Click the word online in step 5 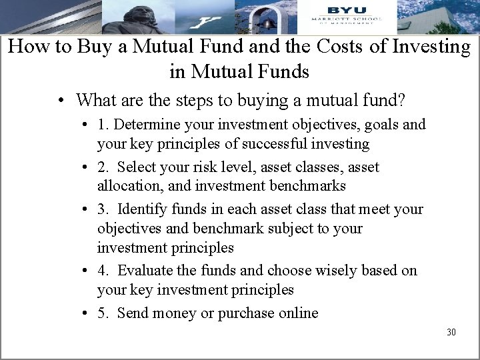[x=297, y=313]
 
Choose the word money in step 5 [x=178, y=313]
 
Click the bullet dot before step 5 [x=87, y=313]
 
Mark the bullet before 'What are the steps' [x=61, y=101]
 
